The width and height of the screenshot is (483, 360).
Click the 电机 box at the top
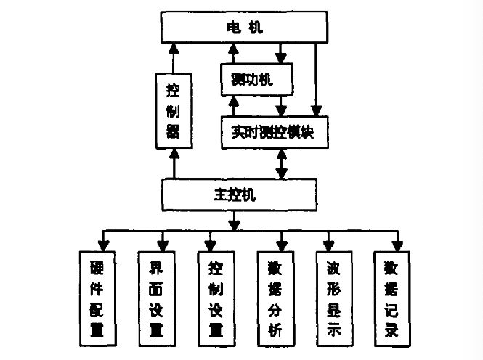[x=241, y=28]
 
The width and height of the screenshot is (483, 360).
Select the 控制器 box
[x=173, y=112]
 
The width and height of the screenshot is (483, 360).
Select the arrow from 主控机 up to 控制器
[x=173, y=163]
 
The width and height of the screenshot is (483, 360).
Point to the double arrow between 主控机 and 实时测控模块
[x=282, y=163]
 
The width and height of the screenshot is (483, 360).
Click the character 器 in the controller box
[x=173, y=131]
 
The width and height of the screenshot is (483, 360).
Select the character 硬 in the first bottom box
[x=99, y=265]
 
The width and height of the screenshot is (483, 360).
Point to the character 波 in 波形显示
[x=333, y=265]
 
